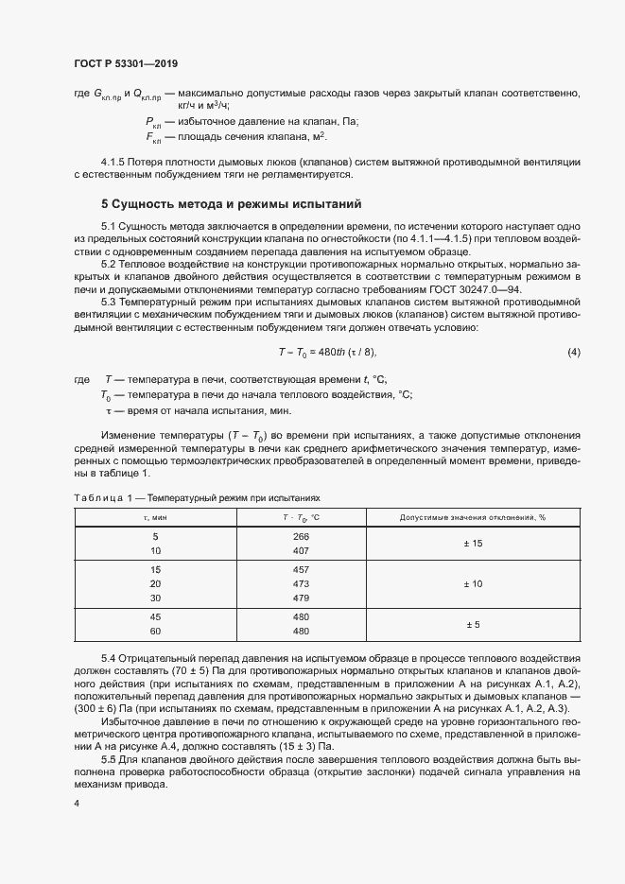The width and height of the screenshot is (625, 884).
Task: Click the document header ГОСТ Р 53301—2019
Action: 125,63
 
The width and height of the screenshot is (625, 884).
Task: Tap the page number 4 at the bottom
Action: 77,803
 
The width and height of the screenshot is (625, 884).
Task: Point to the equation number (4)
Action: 573,353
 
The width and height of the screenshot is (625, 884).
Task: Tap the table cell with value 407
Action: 302,550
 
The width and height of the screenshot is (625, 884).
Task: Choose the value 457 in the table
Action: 302,570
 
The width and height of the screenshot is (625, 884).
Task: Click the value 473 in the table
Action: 302,584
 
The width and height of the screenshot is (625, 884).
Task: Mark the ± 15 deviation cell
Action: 473,543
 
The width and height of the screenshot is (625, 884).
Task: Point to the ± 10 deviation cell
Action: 473,584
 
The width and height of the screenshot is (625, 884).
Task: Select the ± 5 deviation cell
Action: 473,625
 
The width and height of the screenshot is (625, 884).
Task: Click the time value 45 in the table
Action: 156,617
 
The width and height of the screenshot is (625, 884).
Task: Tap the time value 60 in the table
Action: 156,632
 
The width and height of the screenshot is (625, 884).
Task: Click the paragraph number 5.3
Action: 111,301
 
